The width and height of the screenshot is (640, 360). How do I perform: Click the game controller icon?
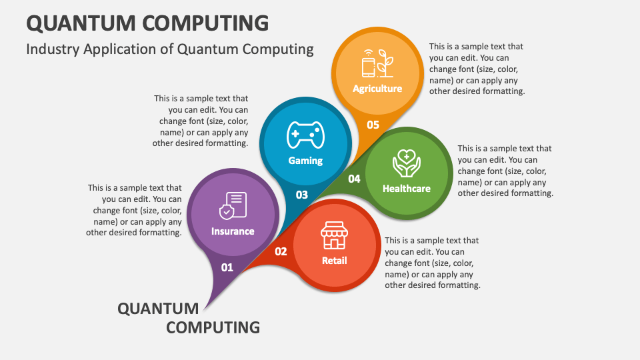(306, 135)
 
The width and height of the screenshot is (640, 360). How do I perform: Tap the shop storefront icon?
(334, 235)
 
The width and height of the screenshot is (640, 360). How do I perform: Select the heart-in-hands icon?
(407, 163)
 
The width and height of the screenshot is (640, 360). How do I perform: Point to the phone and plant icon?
(377, 63)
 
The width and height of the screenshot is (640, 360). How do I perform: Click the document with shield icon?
(233, 206)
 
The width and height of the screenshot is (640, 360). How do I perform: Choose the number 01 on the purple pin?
(227, 268)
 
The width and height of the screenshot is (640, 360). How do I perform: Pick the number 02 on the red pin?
(281, 251)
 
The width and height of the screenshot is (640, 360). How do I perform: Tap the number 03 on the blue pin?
(301, 195)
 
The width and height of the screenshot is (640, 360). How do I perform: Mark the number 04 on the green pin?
(354, 179)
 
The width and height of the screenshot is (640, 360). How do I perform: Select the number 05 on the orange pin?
(373, 125)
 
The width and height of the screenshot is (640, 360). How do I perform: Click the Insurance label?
(233, 231)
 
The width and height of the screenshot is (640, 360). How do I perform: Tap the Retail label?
(334, 261)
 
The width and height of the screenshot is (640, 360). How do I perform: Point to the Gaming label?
(305, 161)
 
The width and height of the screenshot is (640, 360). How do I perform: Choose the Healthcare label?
(407, 189)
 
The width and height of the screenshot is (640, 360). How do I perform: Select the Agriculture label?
(377, 89)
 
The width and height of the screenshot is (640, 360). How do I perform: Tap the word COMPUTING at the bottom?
(213, 327)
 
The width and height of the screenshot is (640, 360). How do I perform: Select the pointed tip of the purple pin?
(204, 311)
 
